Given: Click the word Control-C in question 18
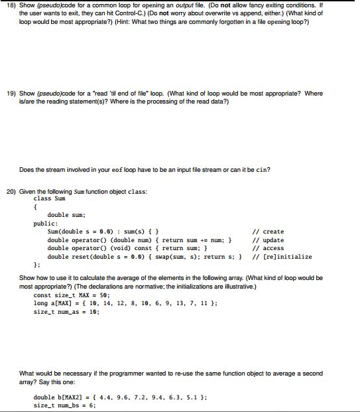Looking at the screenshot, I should pyautogui.click(x=133, y=13).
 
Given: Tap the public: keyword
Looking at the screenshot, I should pyautogui.click(x=46, y=224).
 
